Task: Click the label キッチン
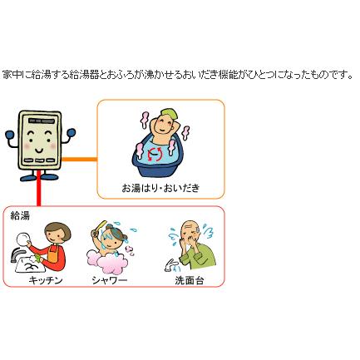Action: coord(46,280)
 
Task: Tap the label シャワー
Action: coord(110,280)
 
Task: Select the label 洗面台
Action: coord(190,280)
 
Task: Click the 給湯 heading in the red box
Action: coord(20,215)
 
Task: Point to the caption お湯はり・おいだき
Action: coord(160,188)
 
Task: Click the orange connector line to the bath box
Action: coord(79,159)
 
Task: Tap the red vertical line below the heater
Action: coord(38,189)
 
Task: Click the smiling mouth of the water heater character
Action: coord(39,150)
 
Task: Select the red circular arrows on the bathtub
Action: coord(155,155)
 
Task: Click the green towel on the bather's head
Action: coord(167,112)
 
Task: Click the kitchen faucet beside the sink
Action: coord(17,254)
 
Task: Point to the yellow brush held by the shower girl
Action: coord(100,225)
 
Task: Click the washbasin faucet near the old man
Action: coord(172,265)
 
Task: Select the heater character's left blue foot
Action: coord(28,177)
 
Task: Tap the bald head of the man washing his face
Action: coord(188,225)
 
